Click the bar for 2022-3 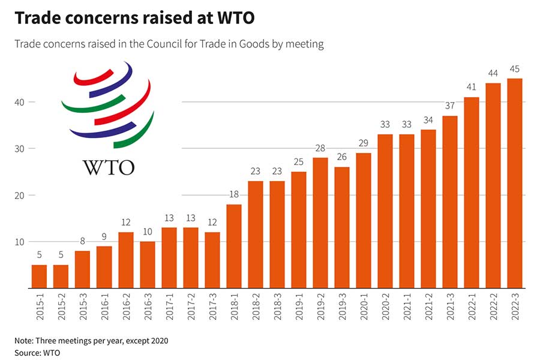click(514, 183)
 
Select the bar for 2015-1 click(39, 276)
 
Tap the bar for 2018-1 click(233, 246)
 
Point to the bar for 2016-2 click(125, 260)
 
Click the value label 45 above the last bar click(514, 68)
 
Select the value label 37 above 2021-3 click(449, 106)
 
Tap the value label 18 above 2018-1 click(233, 194)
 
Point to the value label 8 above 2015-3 click(82, 241)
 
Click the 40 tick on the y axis click(20, 102)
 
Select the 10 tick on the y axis click(20, 242)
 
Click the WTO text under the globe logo click(108, 166)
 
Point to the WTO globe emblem click(108, 105)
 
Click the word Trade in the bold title click(37, 19)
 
